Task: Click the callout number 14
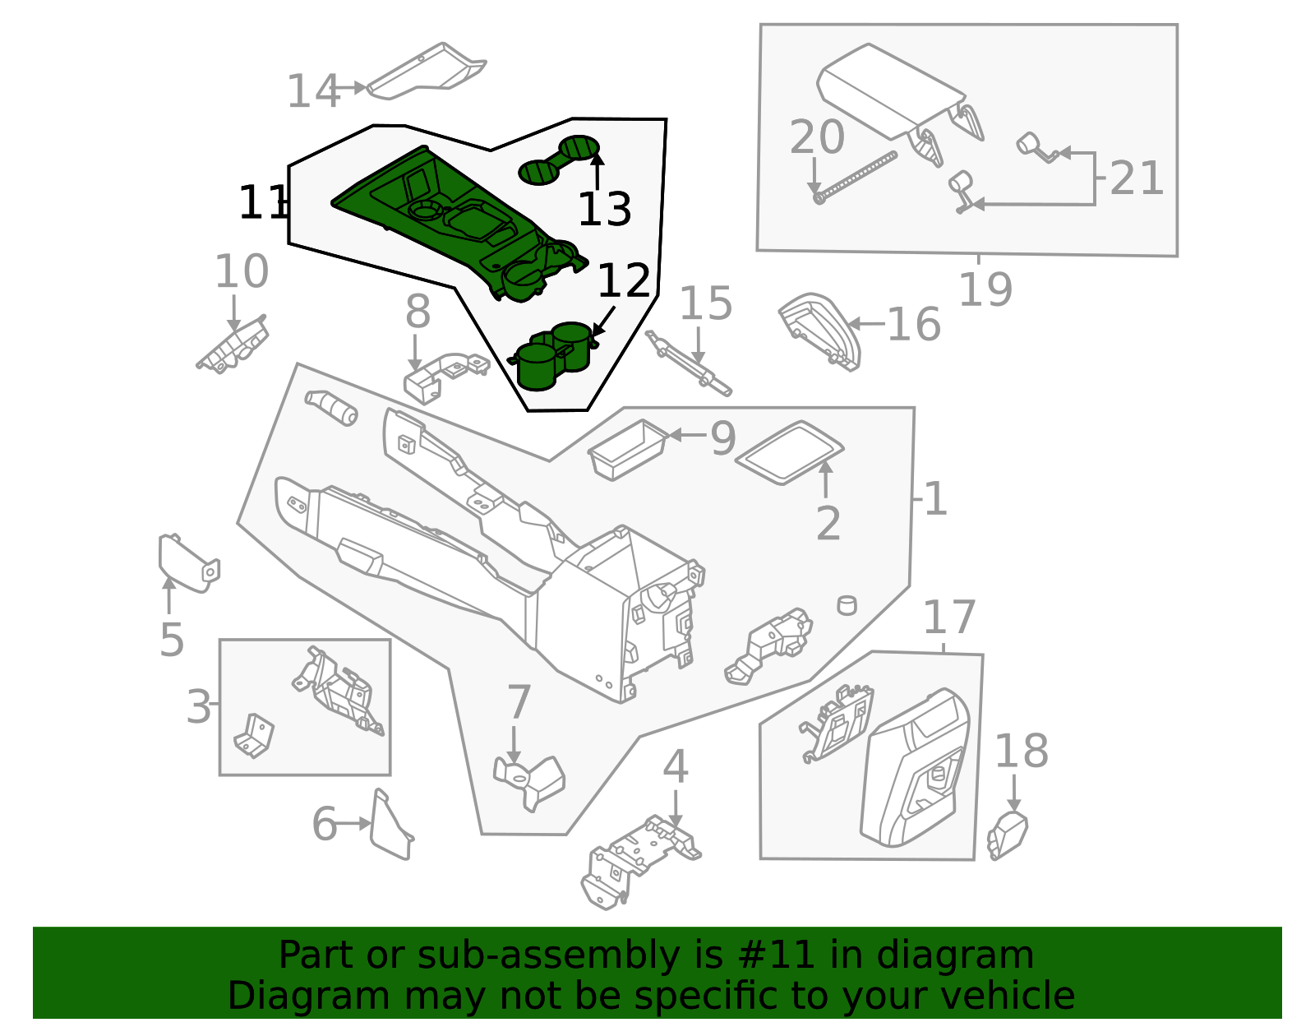pyautogui.click(x=312, y=90)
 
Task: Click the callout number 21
pyautogui.click(x=1137, y=178)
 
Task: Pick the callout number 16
pyautogui.click(x=913, y=324)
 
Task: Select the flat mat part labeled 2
pyautogui.click(x=789, y=453)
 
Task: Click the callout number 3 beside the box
pyautogui.click(x=199, y=706)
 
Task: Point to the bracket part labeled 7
pyautogui.click(x=530, y=782)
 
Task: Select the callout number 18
pyautogui.click(x=1022, y=750)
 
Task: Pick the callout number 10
pyautogui.click(x=241, y=271)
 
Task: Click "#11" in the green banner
pyautogui.click(x=777, y=955)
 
